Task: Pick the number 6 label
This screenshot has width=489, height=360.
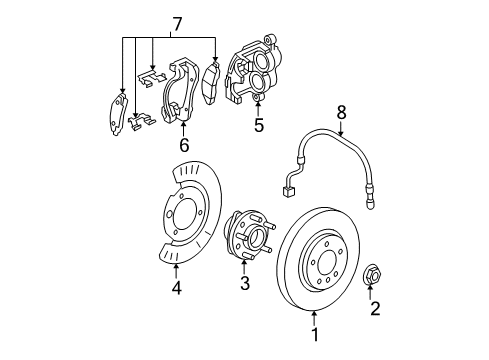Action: tap(184, 144)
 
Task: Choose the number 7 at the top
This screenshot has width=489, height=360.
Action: tap(177, 21)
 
